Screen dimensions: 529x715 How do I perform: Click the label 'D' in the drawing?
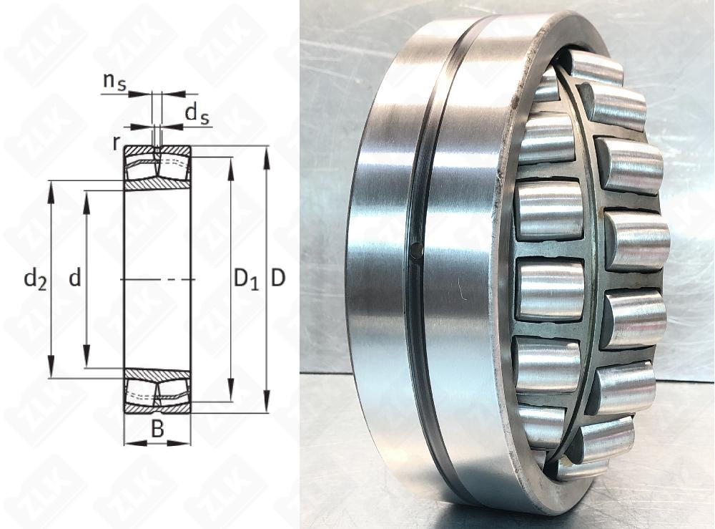[277, 278]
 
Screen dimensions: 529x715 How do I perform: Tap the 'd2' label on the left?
[34, 278]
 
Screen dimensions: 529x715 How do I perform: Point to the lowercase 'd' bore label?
[74, 278]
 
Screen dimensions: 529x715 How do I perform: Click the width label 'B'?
[157, 429]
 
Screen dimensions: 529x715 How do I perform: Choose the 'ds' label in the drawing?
[197, 112]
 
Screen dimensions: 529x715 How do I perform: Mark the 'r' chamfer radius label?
[117, 142]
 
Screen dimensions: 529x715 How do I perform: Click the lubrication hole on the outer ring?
[416, 249]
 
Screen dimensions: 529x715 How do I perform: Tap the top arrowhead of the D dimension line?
[267, 152]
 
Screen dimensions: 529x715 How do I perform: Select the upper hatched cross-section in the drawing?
[157, 168]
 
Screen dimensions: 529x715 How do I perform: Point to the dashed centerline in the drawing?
[157, 278]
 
